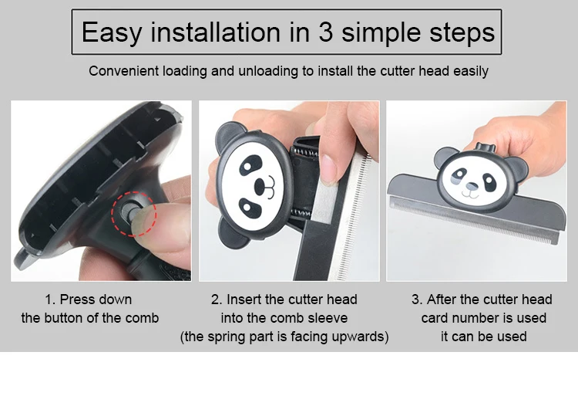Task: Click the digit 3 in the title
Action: coord(325,32)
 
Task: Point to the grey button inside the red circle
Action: coord(129,212)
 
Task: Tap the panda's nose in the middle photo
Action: coord(260,187)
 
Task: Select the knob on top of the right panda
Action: coord(485,147)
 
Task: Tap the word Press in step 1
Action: coord(76,300)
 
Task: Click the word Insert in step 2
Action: coord(244,300)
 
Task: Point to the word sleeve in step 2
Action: coord(328,318)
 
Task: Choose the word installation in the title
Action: coord(215,32)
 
